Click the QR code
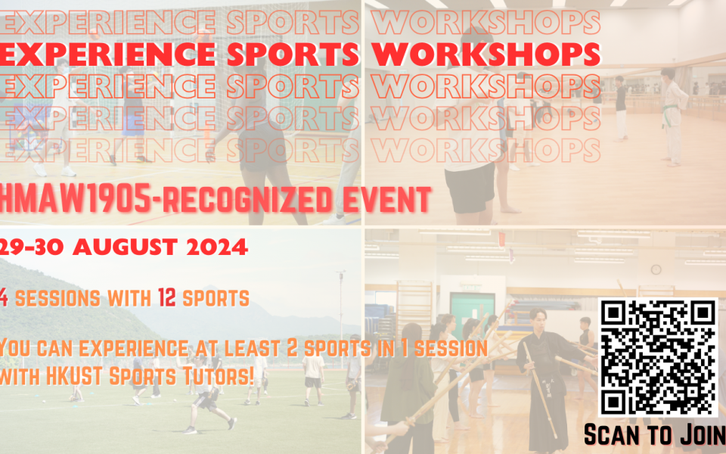click(x=658, y=357)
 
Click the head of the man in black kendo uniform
click(x=538, y=318)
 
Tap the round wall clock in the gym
click(x=656, y=269)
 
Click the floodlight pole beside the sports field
click(x=342, y=318)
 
